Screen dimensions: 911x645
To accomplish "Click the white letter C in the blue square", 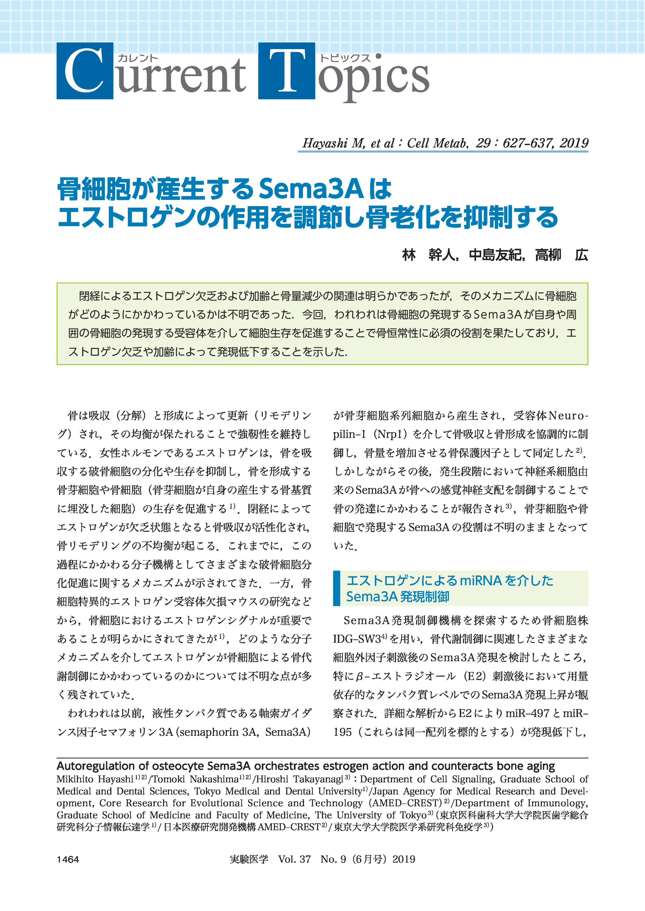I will (85, 71).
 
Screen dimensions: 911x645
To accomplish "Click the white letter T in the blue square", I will (286, 71).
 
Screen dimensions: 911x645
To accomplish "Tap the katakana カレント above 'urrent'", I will (137, 58).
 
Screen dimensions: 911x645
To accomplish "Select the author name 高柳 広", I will (561, 255).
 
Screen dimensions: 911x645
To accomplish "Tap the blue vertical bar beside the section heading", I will (336, 588).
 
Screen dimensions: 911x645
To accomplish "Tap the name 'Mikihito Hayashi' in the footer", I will (94, 779).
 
